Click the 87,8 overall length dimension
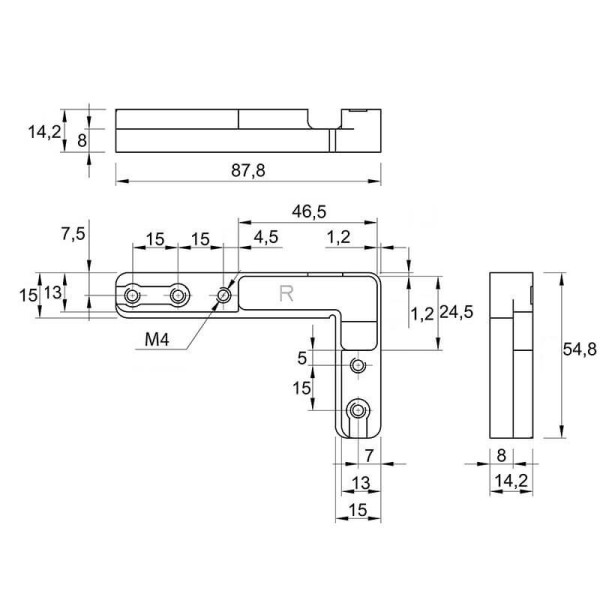(248, 170)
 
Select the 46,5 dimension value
(309, 211)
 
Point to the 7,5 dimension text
(73, 233)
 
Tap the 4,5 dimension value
(266, 237)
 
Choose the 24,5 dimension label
(456, 312)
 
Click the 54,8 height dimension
(579, 349)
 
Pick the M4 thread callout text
(157, 339)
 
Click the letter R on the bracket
(287, 294)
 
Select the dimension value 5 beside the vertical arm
(302, 358)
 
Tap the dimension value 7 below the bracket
(369, 455)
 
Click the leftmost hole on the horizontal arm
(133, 295)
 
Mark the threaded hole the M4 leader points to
(223, 295)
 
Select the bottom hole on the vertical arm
(358, 410)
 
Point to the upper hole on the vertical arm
(358, 365)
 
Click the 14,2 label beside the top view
(44, 132)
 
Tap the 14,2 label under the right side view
(511, 481)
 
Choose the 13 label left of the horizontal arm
(52, 293)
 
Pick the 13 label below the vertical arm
(361, 483)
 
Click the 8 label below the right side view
(501, 455)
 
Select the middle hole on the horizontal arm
(178, 295)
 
